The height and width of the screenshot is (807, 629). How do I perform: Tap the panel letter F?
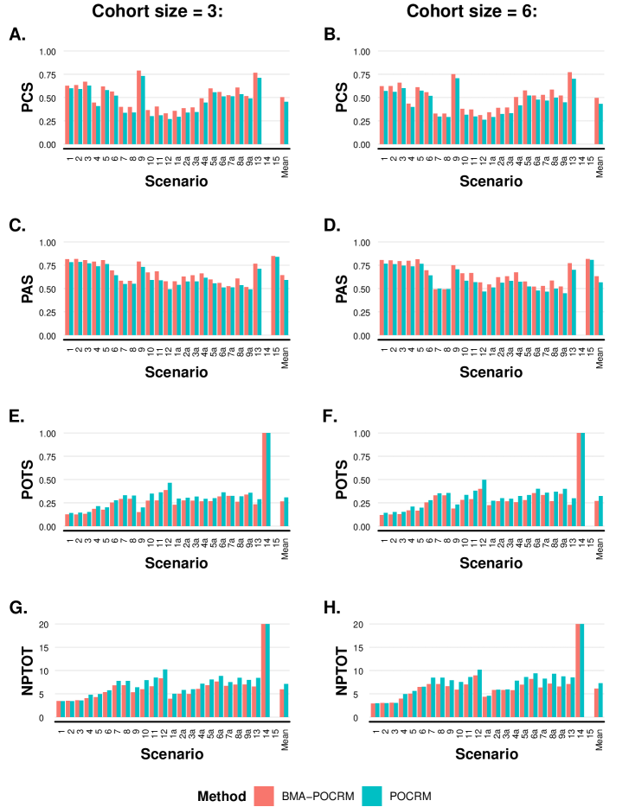pyautogui.click(x=330, y=416)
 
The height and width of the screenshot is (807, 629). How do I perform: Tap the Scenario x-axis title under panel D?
pyautogui.click(x=490, y=372)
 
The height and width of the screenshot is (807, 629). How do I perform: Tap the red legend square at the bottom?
pyautogui.click(x=264, y=796)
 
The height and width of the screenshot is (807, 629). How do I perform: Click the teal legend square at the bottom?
pyautogui.click(x=372, y=796)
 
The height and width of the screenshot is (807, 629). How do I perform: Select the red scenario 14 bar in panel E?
pyautogui.click(x=265, y=480)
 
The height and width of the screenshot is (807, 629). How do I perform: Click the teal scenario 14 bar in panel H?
pyautogui.click(x=581, y=670)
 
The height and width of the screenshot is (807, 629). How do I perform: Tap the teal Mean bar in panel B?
pyautogui.click(x=600, y=124)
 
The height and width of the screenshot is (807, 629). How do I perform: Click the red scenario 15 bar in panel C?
pyautogui.click(x=273, y=295)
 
